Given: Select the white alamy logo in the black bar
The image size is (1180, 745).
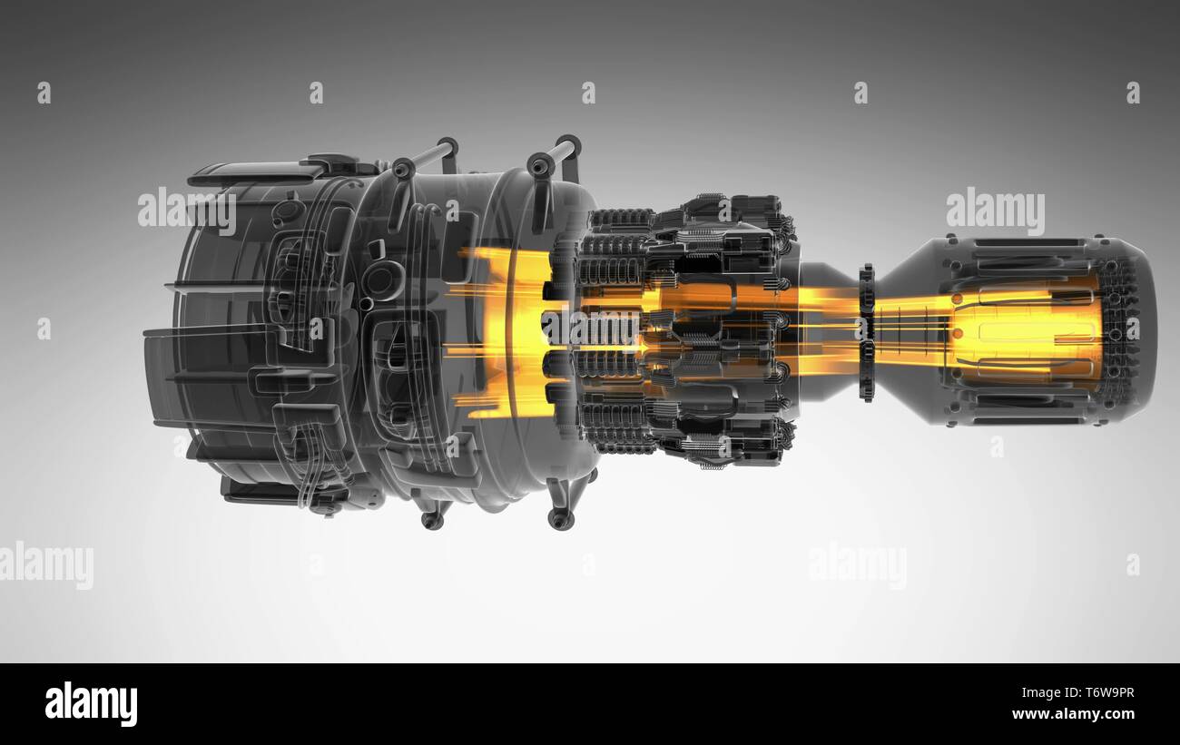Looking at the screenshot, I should (91, 703).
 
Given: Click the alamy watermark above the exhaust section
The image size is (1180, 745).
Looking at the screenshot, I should (995, 212).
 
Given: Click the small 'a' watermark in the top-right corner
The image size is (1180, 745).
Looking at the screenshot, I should (1133, 93).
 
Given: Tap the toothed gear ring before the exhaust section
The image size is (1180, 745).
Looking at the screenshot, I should (866, 332).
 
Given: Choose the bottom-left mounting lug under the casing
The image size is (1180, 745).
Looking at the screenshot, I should (432, 517).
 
